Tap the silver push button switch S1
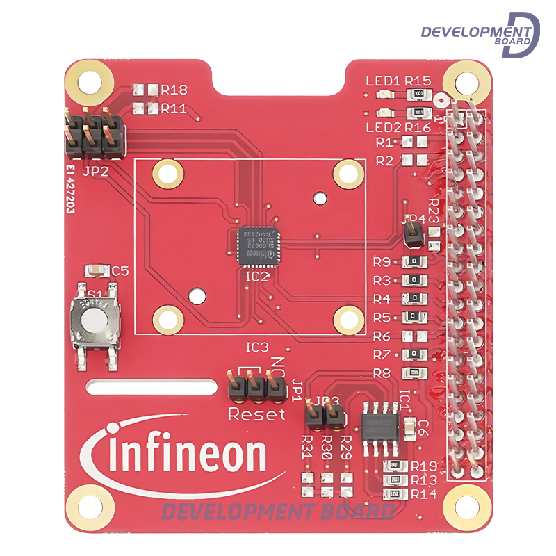(x=96, y=320)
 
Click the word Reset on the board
(x=256, y=415)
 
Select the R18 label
(x=174, y=90)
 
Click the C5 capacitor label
(x=120, y=271)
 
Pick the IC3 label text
(x=256, y=346)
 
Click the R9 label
(x=382, y=262)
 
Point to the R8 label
(x=382, y=373)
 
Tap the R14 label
(x=423, y=494)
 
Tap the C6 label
(x=422, y=427)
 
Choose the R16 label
(x=418, y=127)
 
